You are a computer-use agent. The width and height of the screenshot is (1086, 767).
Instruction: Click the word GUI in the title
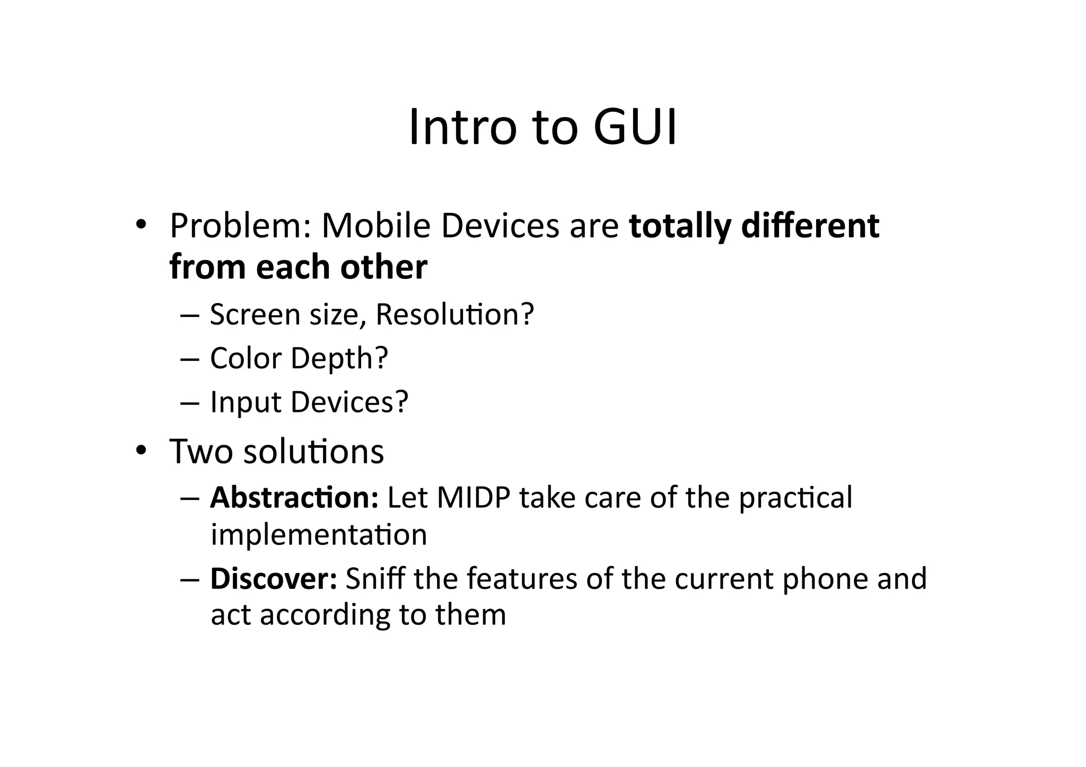click(635, 127)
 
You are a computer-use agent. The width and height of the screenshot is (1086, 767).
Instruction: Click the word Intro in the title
click(462, 127)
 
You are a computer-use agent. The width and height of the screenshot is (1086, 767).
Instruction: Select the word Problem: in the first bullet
click(240, 226)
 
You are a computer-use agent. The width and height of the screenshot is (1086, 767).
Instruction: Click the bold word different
click(810, 226)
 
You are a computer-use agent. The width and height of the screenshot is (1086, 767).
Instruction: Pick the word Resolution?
click(454, 314)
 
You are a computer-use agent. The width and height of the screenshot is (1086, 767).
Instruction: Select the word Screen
click(255, 314)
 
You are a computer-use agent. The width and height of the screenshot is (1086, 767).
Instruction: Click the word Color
click(246, 358)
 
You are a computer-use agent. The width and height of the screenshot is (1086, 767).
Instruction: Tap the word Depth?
click(339, 358)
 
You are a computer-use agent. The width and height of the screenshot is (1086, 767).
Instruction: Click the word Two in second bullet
click(201, 452)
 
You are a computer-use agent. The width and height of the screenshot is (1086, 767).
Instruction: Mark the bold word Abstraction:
click(294, 498)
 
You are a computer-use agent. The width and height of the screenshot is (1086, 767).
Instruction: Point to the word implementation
click(319, 534)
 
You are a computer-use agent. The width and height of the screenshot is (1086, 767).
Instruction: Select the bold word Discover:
click(274, 578)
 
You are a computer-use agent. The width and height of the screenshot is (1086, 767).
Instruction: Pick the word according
click(325, 615)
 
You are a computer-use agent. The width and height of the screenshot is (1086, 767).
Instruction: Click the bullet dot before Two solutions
click(141, 450)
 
